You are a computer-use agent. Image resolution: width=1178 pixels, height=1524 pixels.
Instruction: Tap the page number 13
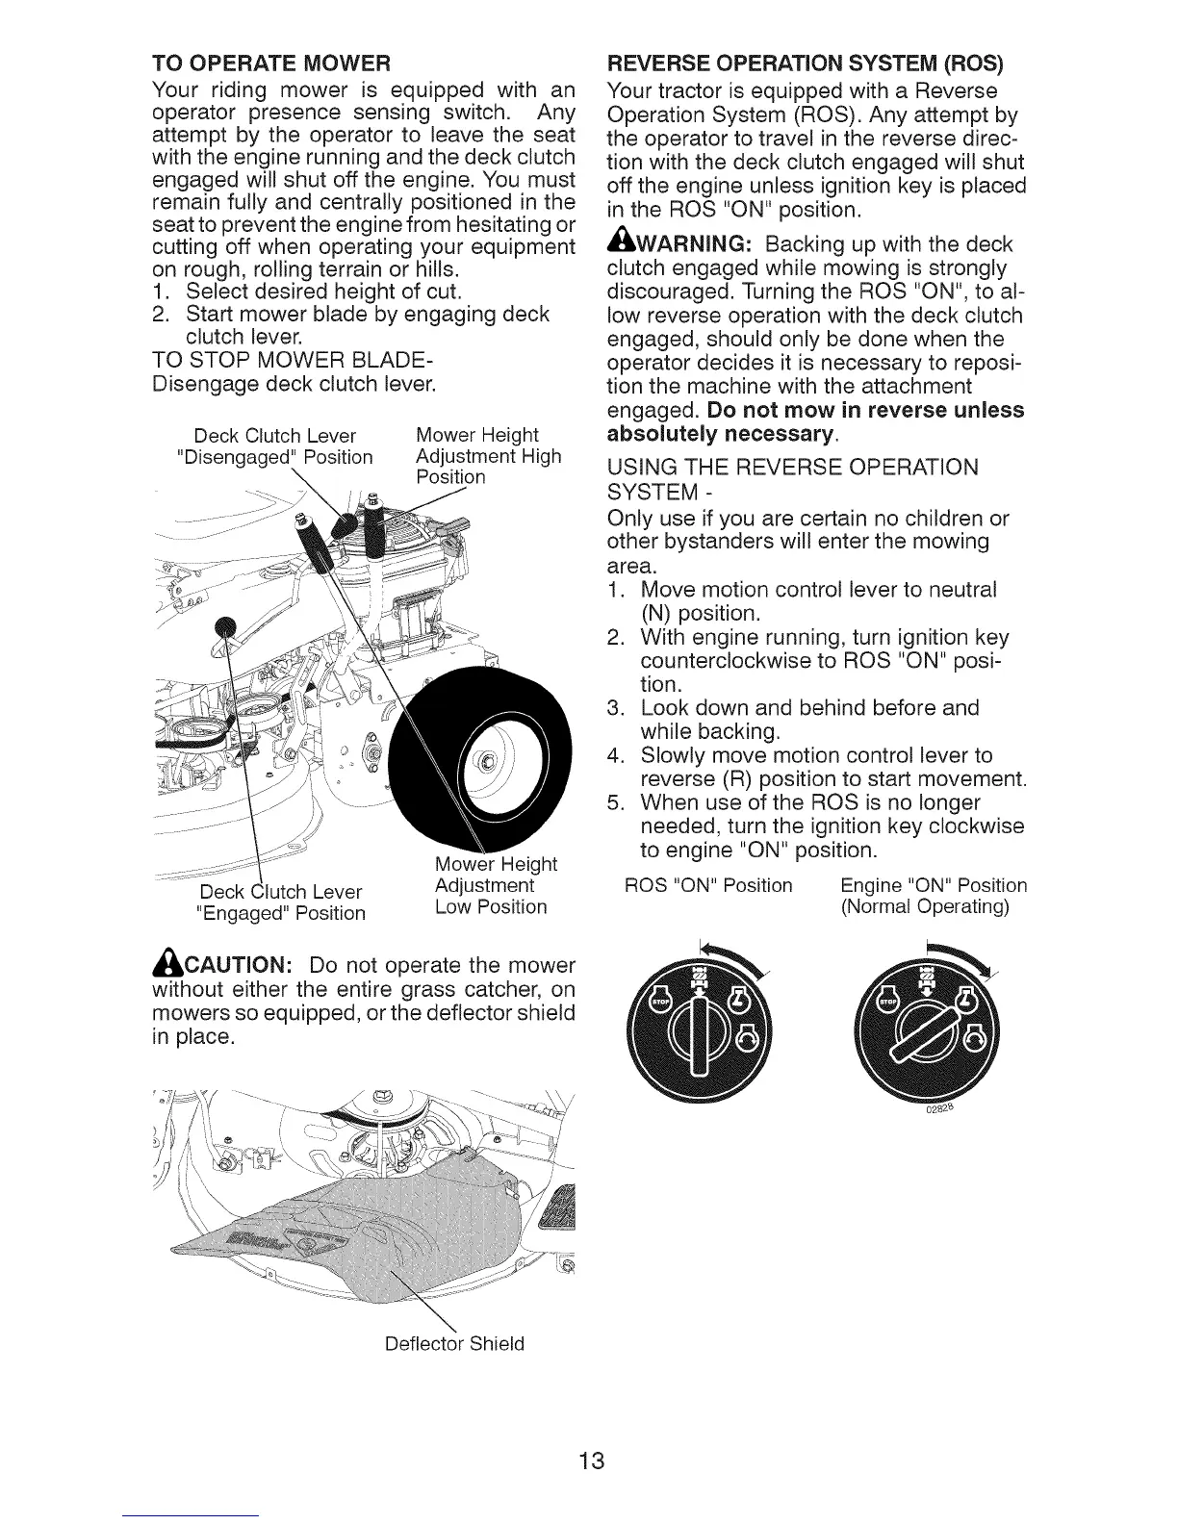coord(591,1461)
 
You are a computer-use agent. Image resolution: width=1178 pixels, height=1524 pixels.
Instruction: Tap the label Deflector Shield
coord(454,1343)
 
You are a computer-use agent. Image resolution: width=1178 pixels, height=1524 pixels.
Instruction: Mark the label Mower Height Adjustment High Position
coord(488,455)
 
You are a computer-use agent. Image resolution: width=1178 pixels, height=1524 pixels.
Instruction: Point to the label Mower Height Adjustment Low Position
coord(492,885)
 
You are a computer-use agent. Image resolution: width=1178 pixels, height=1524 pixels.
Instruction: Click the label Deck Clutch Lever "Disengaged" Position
coord(276,445)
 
